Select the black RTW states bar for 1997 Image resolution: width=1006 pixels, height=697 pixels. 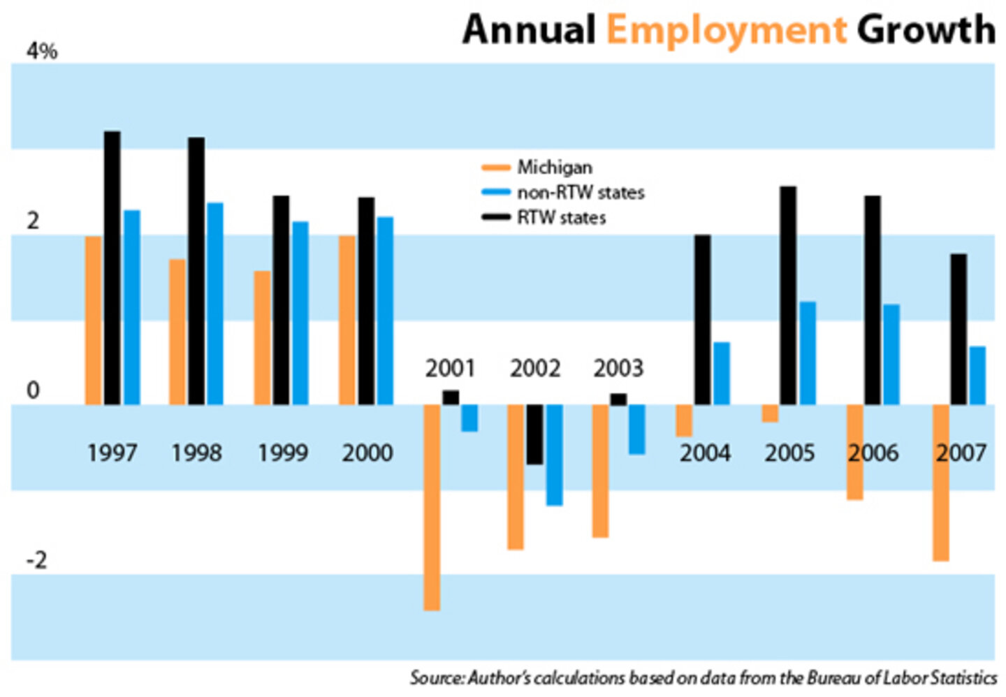point(112,268)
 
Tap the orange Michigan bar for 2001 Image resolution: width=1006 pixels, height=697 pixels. point(432,508)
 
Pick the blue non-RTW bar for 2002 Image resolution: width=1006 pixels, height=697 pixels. point(555,455)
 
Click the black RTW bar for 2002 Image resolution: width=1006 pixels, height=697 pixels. point(534,434)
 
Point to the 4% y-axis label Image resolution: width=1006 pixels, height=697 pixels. point(41,52)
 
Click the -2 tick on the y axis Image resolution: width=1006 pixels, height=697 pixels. point(36,560)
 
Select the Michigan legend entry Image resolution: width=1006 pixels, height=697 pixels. point(554,168)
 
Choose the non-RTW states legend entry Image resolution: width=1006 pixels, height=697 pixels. point(580,193)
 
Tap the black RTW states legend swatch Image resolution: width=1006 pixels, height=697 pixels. point(496,218)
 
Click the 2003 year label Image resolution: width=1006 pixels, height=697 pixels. point(618,368)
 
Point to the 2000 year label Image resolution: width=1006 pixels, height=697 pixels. point(367,453)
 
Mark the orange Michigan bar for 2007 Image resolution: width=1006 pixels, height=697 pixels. point(941,483)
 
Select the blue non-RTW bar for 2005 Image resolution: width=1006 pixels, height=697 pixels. point(808,353)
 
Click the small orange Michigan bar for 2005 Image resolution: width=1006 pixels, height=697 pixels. point(770,413)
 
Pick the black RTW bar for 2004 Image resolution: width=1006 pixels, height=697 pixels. point(702,320)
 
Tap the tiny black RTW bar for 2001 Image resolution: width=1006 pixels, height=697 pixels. point(451,397)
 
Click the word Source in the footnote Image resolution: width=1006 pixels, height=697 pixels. point(435,678)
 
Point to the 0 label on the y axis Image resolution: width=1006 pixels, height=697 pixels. point(33,391)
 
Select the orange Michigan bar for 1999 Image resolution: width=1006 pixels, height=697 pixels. point(262,338)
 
